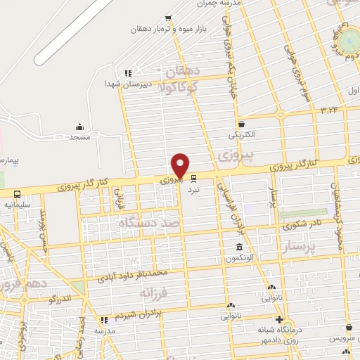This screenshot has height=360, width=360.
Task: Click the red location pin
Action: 181,165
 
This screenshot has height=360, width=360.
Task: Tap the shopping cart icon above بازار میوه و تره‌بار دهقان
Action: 167,19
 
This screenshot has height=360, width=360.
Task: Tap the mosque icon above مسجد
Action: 79,127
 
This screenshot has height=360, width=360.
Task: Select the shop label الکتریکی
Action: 242,133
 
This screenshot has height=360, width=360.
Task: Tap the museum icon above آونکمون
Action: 239,247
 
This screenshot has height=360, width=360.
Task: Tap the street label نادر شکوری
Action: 302,226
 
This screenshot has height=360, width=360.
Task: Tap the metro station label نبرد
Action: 193,190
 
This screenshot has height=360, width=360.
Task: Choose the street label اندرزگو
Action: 63,299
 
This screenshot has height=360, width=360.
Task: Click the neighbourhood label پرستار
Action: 300,246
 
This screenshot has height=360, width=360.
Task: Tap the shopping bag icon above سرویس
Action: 349,326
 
